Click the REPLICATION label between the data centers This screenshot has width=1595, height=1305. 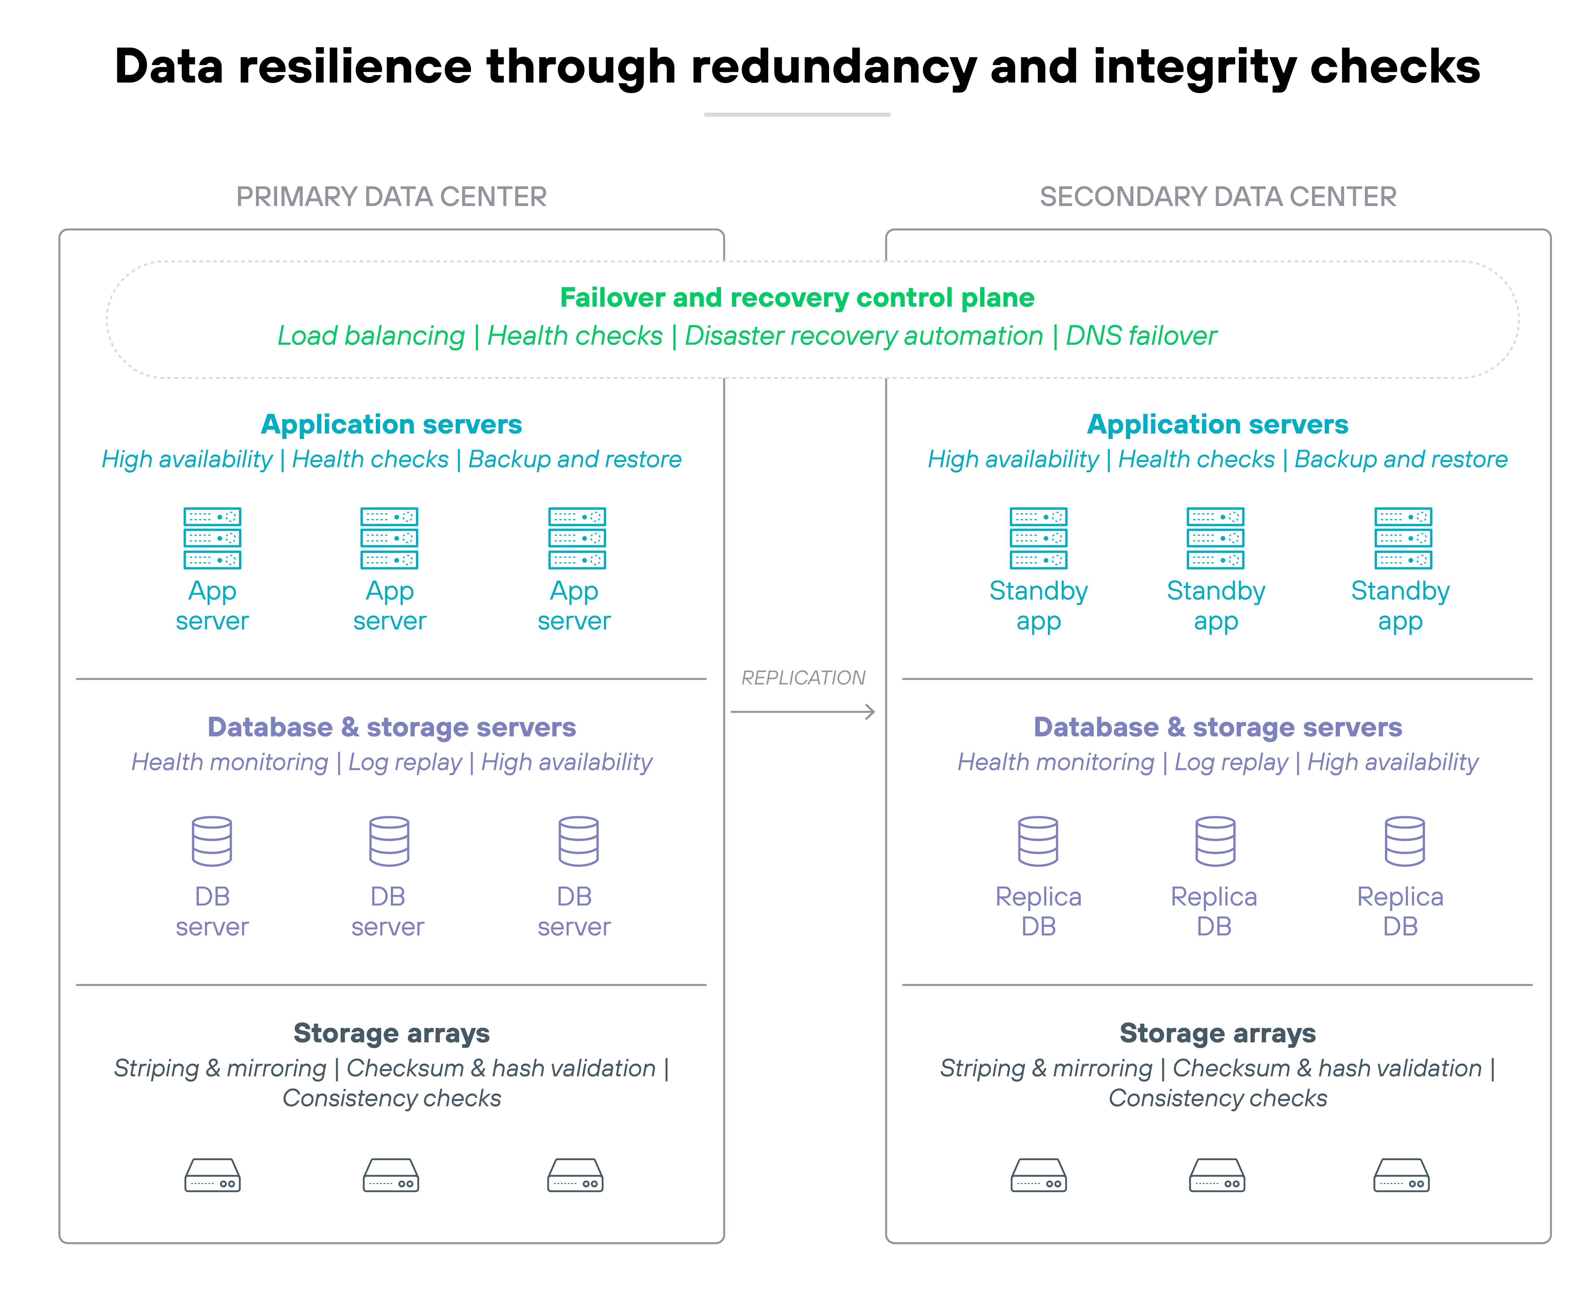tap(803, 678)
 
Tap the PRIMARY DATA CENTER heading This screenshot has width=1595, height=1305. tap(391, 197)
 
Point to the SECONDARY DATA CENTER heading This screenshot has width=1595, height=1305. tap(1218, 197)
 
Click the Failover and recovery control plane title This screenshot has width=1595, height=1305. tap(797, 298)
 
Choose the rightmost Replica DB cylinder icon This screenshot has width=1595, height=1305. tap(1404, 841)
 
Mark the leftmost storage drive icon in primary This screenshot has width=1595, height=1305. tap(212, 1175)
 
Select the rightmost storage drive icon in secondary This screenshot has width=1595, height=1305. tap(1401, 1175)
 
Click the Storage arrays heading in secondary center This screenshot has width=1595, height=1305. tap(1218, 1033)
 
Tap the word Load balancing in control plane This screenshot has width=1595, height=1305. tap(371, 336)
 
